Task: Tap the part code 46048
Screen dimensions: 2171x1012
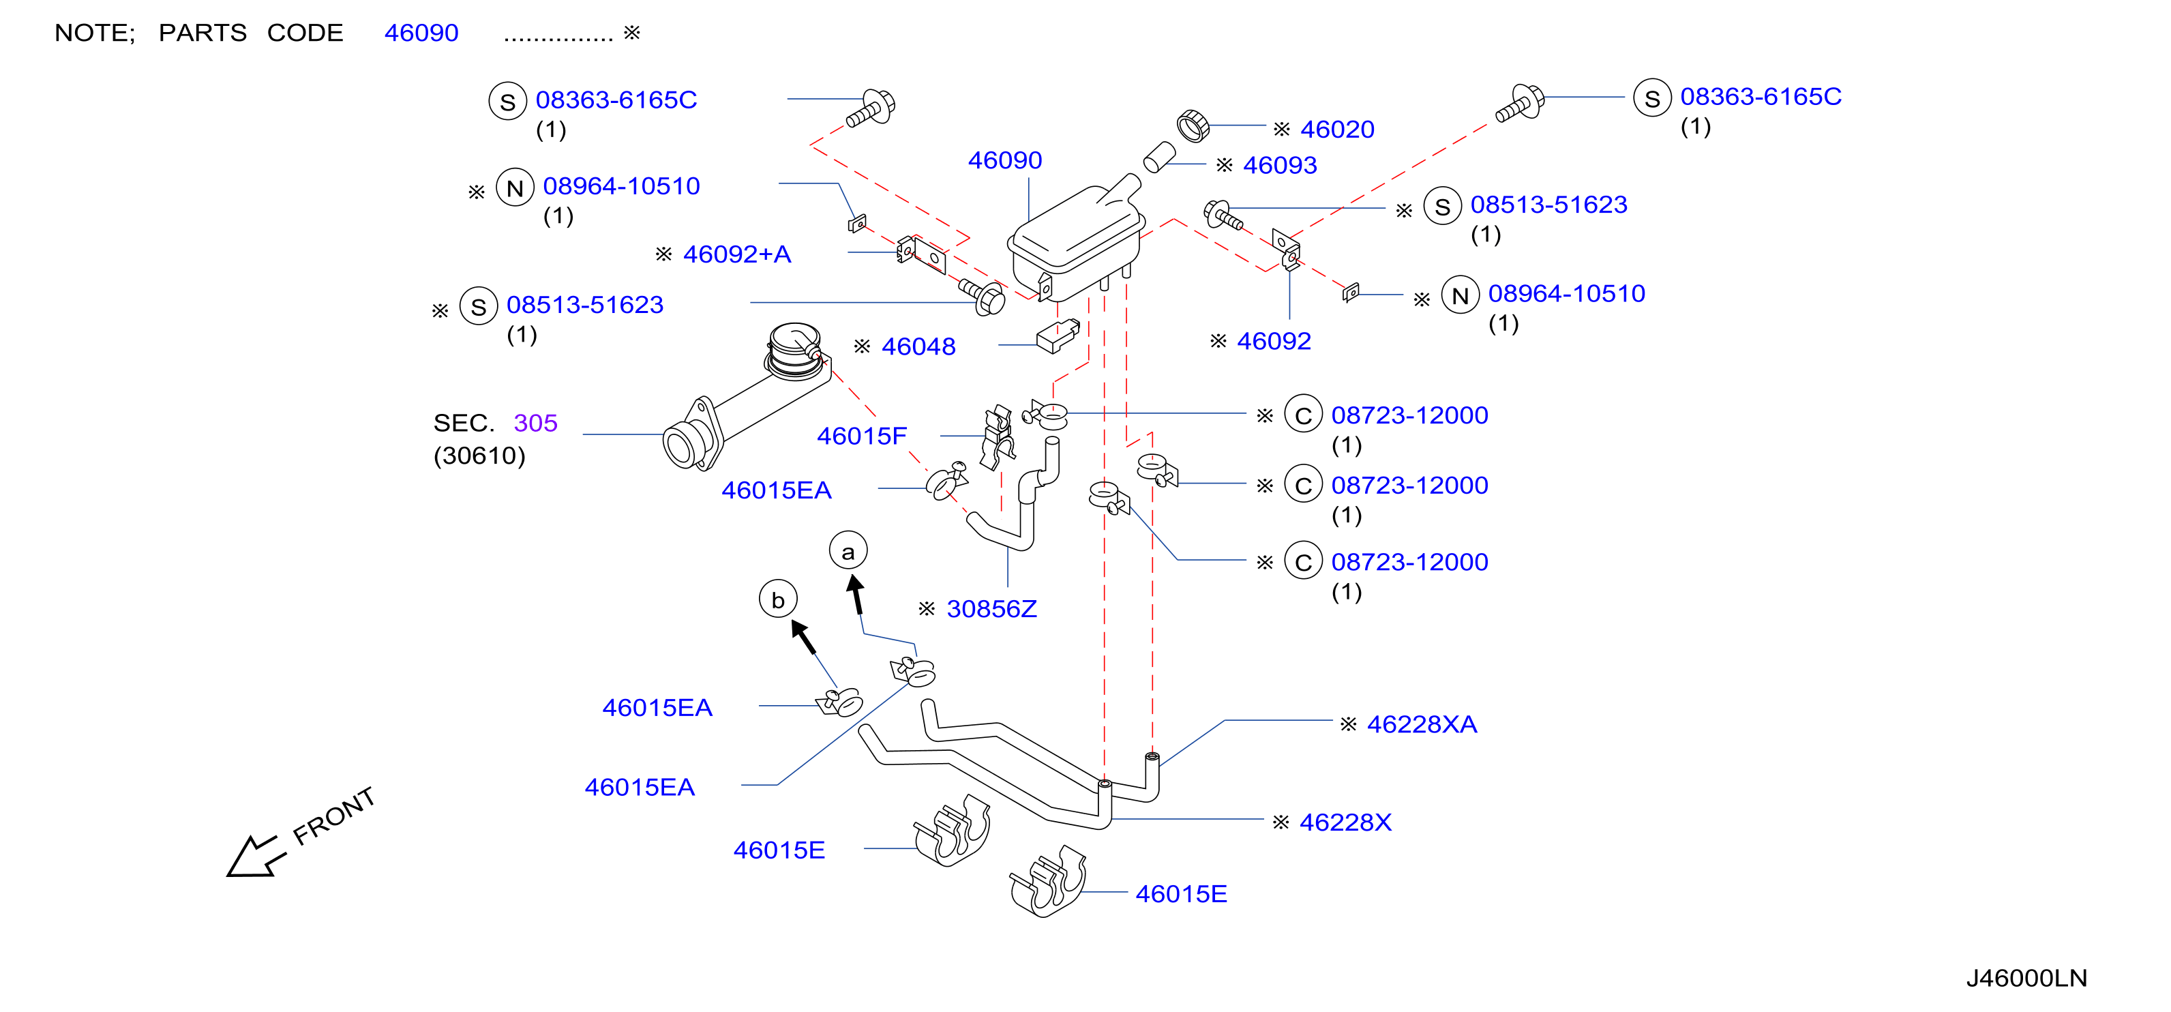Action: point(918,346)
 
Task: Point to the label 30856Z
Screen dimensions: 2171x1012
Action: point(991,609)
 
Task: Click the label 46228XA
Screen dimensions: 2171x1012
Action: point(1422,725)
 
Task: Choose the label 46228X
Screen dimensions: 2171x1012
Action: point(1345,822)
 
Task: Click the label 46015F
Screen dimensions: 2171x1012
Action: point(861,436)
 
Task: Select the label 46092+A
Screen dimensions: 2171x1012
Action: point(736,254)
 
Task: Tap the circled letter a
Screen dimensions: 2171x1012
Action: point(848,551)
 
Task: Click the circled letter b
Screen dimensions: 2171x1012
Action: point(778,599)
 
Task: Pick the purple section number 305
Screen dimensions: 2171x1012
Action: point(535,423)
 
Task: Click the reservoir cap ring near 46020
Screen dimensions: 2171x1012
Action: point(1193,125)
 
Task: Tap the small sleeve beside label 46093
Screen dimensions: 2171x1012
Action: point(1160,158)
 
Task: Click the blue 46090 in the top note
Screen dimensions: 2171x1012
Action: point(421,33)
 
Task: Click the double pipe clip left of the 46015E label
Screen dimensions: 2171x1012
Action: point(953,830)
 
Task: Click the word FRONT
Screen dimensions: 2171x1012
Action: point(333,816)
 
